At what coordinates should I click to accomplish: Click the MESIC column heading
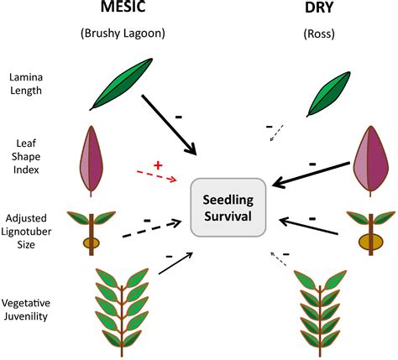click(123, 6)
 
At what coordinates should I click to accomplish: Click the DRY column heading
click(319, 8)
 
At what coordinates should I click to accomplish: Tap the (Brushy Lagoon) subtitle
click(123, 34)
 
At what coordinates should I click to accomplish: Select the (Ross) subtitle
click(319, 34)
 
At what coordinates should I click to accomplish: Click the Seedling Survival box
click(228, 207)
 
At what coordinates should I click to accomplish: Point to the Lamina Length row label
click(26, 84)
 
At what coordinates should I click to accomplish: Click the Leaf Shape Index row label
click(26, 156)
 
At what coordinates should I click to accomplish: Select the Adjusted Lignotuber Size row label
click(26, 231)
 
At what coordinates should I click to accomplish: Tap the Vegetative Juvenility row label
click(26, 310)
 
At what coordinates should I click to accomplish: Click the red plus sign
click(158, 165)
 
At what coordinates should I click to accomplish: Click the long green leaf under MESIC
click(121, 84)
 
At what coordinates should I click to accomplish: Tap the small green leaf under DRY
click(328, 94)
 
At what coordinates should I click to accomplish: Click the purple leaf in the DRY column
click(371, 161)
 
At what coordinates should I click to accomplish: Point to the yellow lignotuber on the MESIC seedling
click(92, 243)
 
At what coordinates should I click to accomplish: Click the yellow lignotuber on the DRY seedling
click(371, 242)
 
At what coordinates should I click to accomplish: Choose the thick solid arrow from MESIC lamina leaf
click(169, 125)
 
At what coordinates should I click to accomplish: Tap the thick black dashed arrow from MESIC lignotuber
click(152, 229)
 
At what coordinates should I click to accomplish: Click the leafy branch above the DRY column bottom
click(320, 313)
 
